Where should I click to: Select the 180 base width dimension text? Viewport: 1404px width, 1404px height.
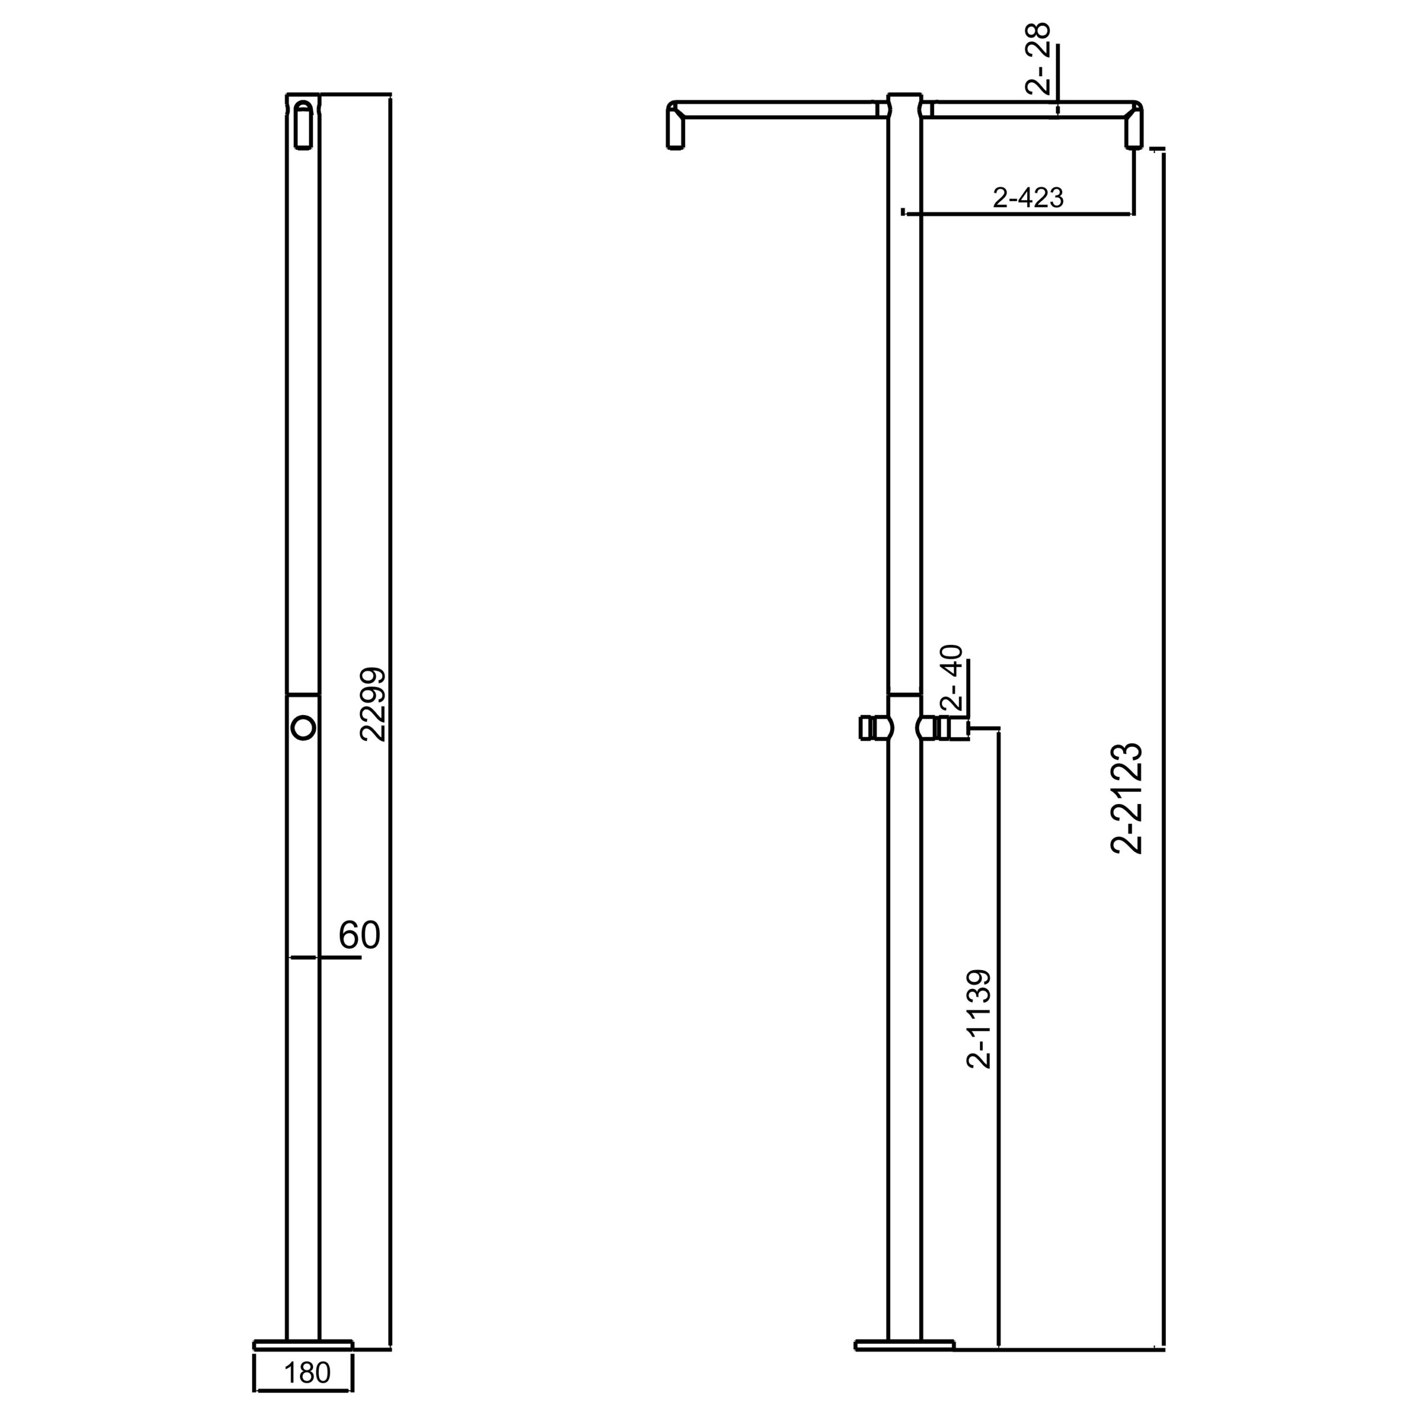pos(307,1373)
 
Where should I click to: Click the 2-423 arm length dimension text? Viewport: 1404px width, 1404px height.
pos(1028,197)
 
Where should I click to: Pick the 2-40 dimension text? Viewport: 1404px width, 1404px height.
pos(951,677)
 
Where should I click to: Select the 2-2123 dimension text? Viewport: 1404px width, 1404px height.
pos(1127,797)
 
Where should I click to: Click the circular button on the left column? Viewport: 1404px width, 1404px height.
pos(303,727)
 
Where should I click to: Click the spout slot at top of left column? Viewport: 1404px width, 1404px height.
pos(303,125)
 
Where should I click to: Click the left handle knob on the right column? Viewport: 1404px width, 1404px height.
pos(874,727)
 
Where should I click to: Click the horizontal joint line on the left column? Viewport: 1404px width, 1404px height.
pos(303,695)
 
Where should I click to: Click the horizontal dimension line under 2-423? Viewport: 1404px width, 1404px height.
pos(1017,214)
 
